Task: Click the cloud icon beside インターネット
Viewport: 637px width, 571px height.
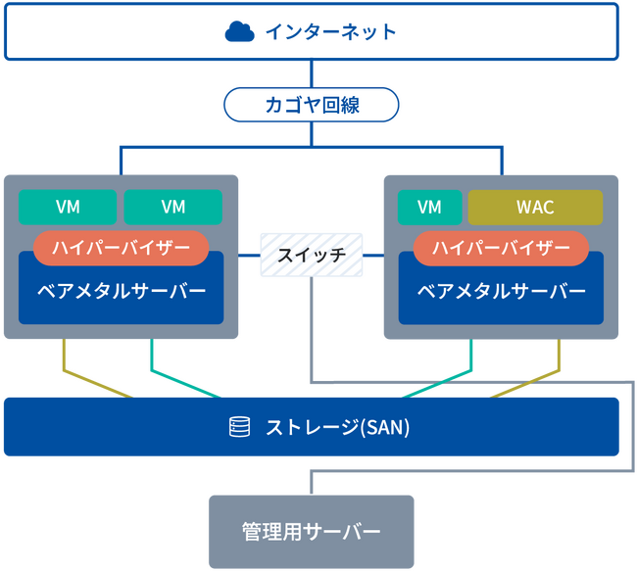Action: pos(239,32)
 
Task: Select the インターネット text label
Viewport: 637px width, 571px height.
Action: pos(330,32)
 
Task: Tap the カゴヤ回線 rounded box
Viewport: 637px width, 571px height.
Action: pos(312,105)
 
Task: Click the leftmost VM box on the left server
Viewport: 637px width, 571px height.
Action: pos(68,207)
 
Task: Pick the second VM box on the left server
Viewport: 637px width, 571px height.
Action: pos(172,207)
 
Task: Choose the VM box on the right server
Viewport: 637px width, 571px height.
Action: pos(429,207)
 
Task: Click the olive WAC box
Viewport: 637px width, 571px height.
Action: pos(535,207)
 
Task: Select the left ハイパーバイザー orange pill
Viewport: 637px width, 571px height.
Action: pos(122,248)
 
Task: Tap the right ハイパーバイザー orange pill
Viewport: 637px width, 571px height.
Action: pos(501,248)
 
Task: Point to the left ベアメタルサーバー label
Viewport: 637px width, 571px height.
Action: pos(122,291)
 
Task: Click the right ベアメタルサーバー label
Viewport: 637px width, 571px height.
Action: pos(501,291)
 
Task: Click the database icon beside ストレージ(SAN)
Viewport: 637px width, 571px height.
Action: pos(238,427)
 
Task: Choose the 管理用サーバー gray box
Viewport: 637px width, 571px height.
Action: pos(311,532)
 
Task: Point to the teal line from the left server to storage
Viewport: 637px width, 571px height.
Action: pos(151,362)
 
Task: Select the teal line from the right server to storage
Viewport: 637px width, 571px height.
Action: pos(471,362)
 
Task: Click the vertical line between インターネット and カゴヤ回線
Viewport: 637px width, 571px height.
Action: pos(312,73)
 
